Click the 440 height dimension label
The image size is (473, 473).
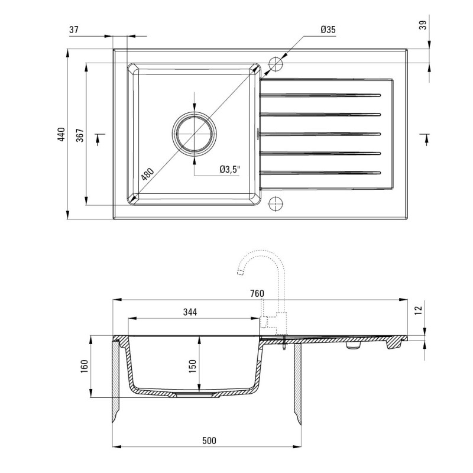(61, 135)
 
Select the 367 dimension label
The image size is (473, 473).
(80, 135)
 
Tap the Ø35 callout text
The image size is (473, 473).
(328, 30)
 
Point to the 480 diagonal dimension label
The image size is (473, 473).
(147, 174)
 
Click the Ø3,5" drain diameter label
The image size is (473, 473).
(230, 169)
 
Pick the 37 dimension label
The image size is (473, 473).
(73, 30)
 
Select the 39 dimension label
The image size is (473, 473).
(423, 25)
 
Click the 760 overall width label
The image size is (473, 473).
(257, 293)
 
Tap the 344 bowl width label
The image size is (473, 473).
(190, 312)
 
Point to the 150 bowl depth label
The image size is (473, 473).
(193, 366)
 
